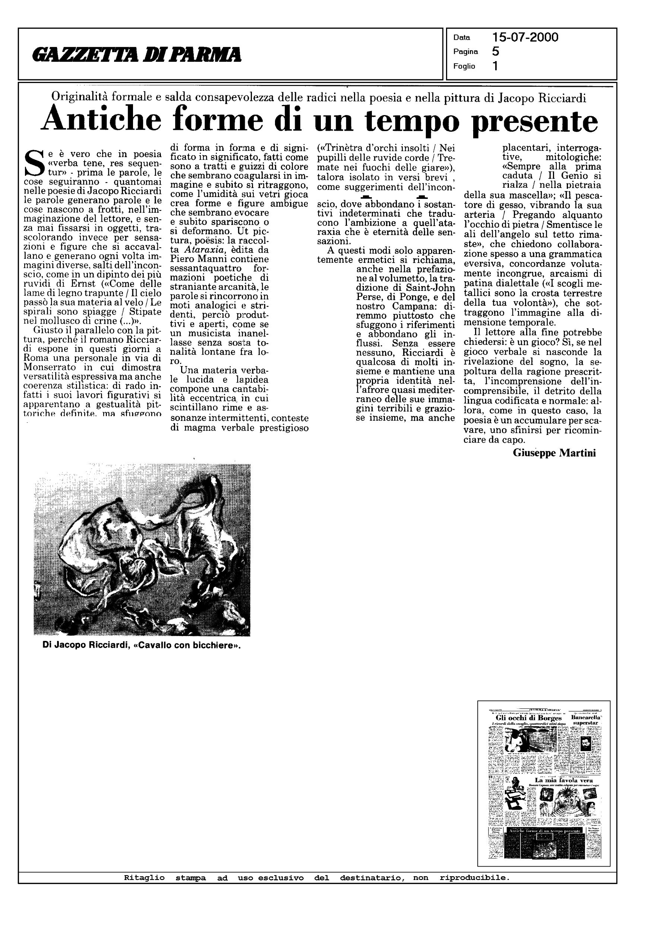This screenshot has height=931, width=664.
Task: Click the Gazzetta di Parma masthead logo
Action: pyautogui.click(x=137, y=55)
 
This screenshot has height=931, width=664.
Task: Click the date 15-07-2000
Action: pyautogui.click(x=525, y=38)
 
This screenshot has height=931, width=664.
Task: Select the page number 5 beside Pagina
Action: pyautogui.click(x=496, y=52)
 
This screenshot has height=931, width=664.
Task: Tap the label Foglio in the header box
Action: pyautogui.click(x=464, y=66)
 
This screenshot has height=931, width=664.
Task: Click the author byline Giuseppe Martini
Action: pyautogui.click(x=554, y=452)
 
